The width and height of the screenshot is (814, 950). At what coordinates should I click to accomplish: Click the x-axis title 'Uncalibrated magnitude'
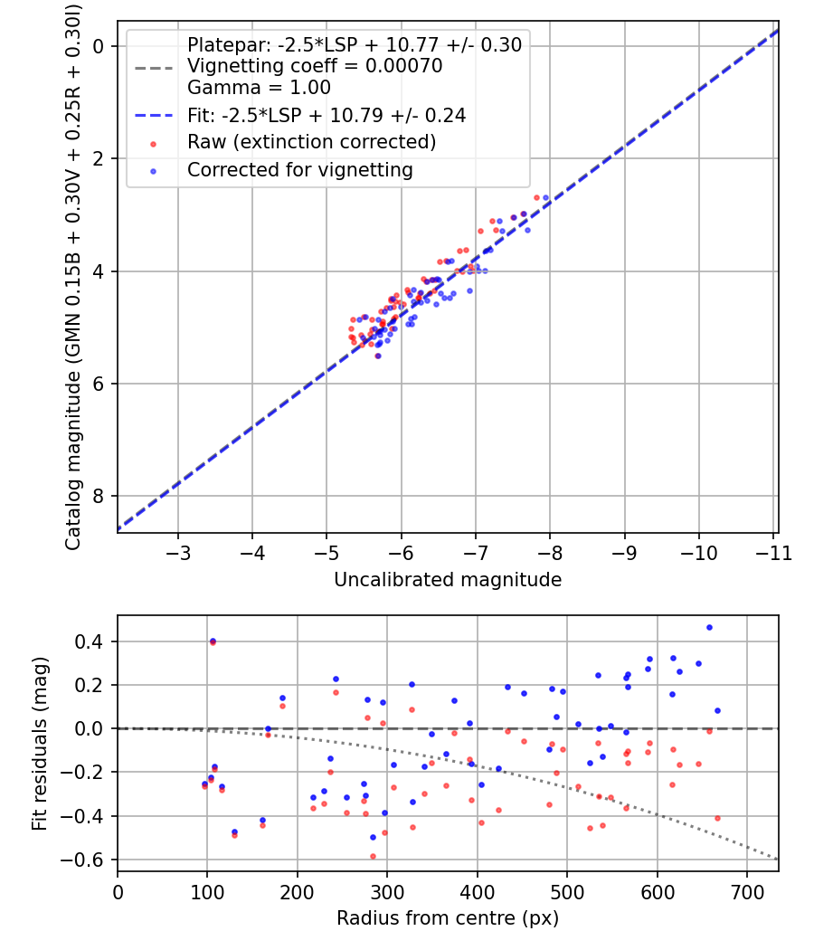point(448,580)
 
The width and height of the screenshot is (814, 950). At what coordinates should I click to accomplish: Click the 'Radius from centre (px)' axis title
point(448,918)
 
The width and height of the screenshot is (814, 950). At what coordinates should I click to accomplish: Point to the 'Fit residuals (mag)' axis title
point(40,744)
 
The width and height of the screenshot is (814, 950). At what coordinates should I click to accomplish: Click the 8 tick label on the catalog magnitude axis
point(98,496)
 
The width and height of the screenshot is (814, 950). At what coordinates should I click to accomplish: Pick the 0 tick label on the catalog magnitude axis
point(98,46)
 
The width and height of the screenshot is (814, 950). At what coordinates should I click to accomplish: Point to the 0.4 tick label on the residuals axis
point(90,641)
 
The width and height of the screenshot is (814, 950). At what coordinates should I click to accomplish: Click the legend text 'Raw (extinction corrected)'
point(311,142)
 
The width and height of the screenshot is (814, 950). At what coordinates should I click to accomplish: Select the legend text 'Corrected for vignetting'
point(299,170)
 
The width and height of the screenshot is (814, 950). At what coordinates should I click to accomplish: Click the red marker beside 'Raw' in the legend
point(153,144)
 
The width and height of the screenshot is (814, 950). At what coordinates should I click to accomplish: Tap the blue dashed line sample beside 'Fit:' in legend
point(154,115)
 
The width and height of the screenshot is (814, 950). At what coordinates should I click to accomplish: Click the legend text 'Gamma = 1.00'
point(259,87)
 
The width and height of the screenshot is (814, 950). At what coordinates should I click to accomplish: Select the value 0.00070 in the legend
point(404,65)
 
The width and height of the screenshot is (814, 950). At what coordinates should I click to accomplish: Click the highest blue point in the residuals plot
point(709,628)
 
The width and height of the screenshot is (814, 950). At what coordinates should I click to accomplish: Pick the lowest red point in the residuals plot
point(373,856)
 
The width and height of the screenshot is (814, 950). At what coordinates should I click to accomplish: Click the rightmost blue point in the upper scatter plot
point(545,197)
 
